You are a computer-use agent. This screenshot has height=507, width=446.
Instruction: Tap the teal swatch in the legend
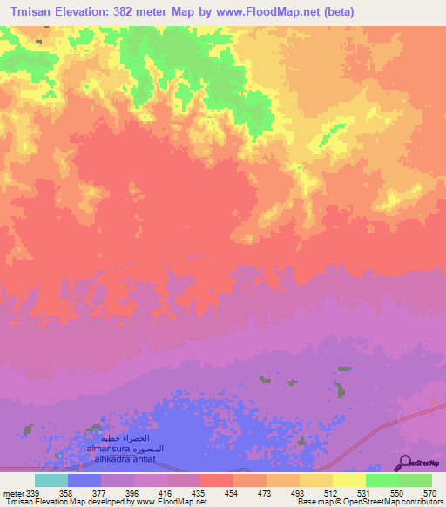(51, 480)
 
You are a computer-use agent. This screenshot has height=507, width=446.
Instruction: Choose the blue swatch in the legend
(84, 480)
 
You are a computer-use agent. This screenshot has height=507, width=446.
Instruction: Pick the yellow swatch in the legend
(349, 480)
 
